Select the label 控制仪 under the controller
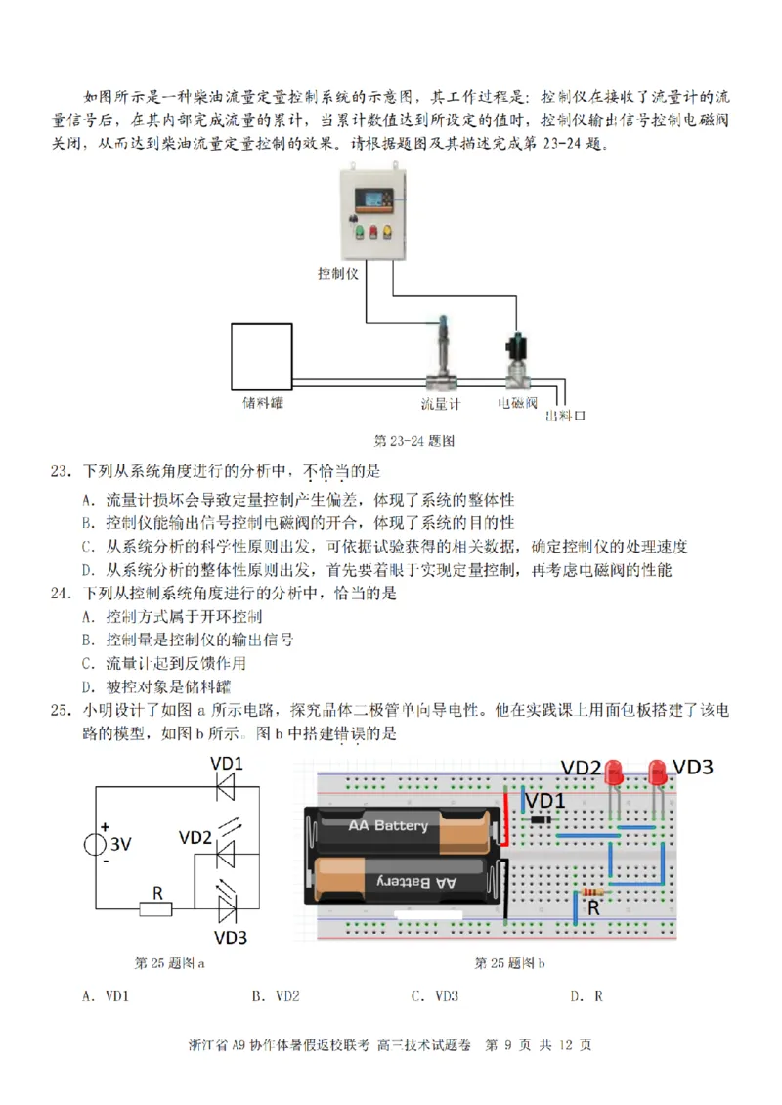pyautogui.click(x=338, y=273)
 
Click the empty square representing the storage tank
pyautogui.click(x=261, y=355)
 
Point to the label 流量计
pyautogui.click(x=440, y=403)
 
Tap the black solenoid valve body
pyautogui.click(x=514, y=349)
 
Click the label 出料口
pyautogui.click(x=565, y=416)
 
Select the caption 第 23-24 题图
pyautogui.click(x=415, y=440)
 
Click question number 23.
pyautogui.click(x=61, y=472)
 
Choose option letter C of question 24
pyautogui.click(x=87, y=663)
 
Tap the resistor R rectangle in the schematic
pyautogui.click(x=155, y=908)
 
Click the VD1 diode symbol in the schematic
pyautogui.click(x=227, y=785)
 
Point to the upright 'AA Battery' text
pyautogui.click(x=389, y=825)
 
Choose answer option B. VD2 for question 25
pyautogui.click(x=276, y=996)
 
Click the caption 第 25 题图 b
pyautogui.click(x=509, y=962)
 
